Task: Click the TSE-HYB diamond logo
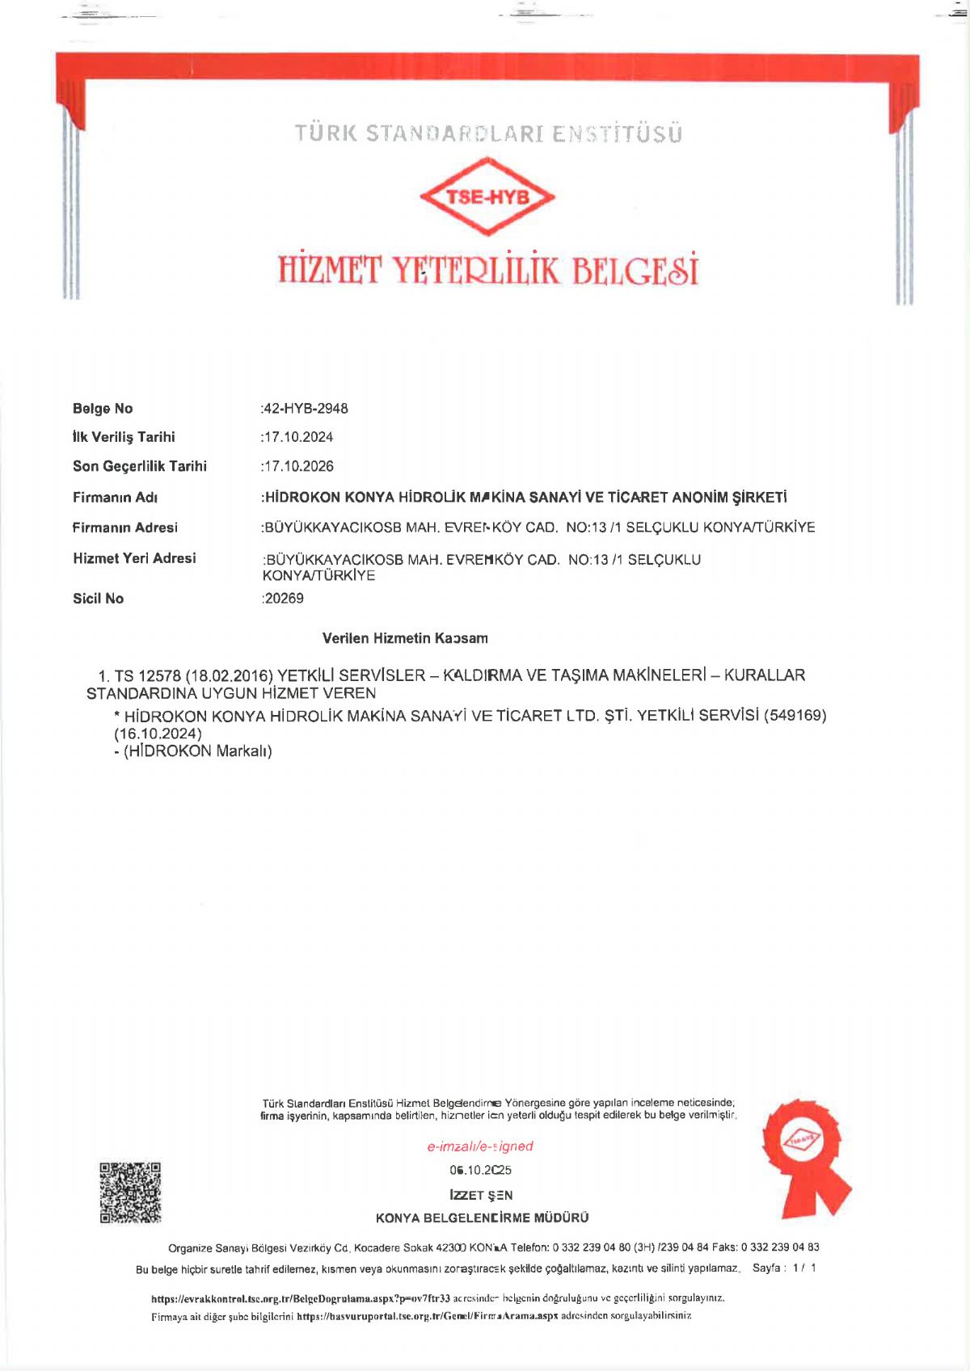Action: click(487, 196)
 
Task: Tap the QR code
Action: click(130, 1192)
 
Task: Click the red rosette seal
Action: click(803, 1156)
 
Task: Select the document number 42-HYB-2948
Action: click(306, 409)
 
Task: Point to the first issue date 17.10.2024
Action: click(298, 437)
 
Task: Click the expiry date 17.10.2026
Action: click(298, 466)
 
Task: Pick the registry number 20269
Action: click(284, 599)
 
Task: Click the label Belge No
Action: click(103, 409)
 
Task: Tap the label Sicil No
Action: click(98, 599)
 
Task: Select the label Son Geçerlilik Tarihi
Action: click(140, 466)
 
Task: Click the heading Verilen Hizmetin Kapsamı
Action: click(405, 638)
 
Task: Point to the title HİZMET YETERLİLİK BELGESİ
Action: click(488, 271)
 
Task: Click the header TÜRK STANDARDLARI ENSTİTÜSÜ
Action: click(488, 133)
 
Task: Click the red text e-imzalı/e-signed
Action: click(480, 1146)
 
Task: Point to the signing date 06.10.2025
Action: click(481, 1170)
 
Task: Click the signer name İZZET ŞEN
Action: click(481, 1195)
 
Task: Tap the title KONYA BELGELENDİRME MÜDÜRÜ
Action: click(483, 1217)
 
